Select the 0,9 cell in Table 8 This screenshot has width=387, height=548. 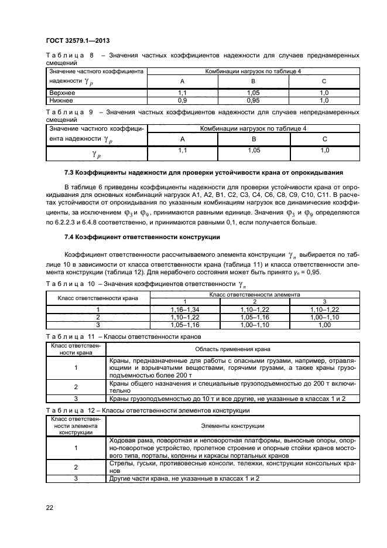click(181, 100)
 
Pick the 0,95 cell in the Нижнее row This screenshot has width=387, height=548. click(253, 100)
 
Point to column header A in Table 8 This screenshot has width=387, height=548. click(181, 81)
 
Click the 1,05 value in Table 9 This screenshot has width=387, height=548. click(254, 151)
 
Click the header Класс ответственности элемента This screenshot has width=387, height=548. click(254, 294)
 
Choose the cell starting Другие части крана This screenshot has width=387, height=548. click(185, 479)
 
